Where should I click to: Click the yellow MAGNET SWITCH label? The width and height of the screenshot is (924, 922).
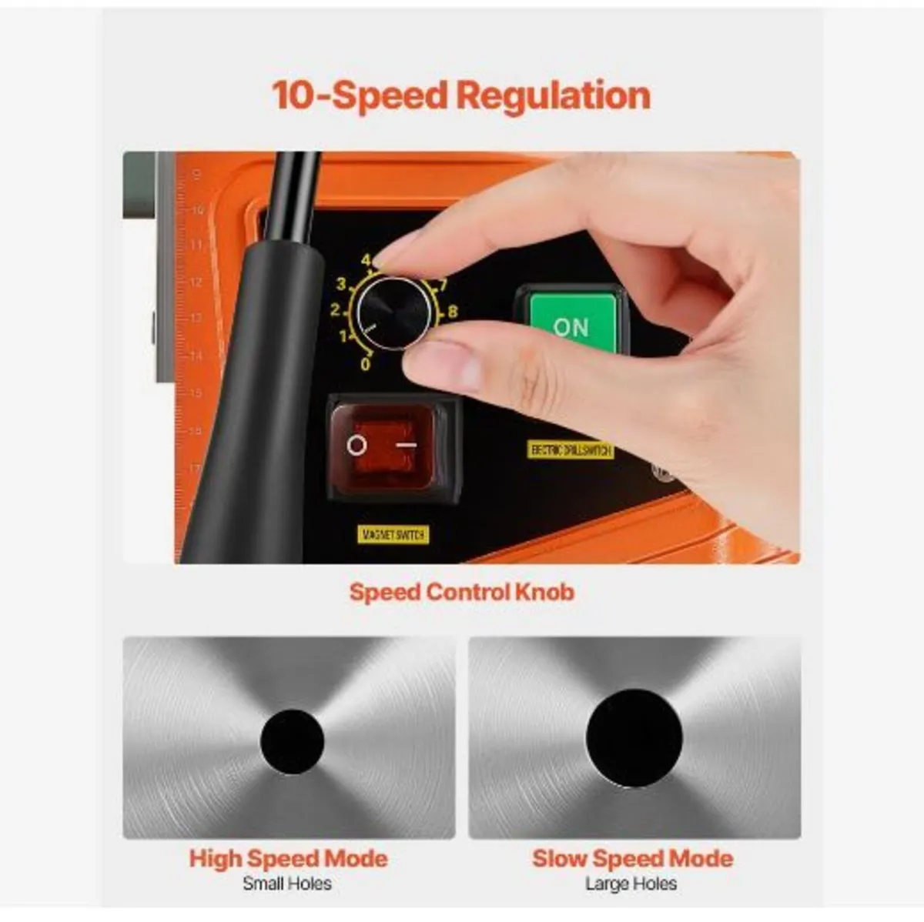[x=393, y=534]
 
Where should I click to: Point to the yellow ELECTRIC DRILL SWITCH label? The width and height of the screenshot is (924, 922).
[x=571, y=449]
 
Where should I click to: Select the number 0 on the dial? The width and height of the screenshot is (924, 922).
[x=366, y=363]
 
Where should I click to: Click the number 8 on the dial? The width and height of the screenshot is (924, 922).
[x=452, y=312]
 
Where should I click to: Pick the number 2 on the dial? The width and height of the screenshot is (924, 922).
[x=335, y=311]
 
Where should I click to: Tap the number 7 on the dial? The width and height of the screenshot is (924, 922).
[x=444, y=286]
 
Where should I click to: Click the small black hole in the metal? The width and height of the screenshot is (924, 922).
[x=292, y=740]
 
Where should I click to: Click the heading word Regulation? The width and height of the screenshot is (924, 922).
[x=553, y=96]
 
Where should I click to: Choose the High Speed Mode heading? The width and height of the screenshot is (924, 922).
[x=288, y=858]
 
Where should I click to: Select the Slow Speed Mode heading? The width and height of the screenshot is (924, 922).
[x=632, y=858]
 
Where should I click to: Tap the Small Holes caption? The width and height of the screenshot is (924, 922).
[x=287, y=884]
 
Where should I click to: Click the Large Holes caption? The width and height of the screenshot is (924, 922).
[x=631, y=884]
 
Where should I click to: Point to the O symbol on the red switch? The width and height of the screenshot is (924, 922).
[x=357, y=445]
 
